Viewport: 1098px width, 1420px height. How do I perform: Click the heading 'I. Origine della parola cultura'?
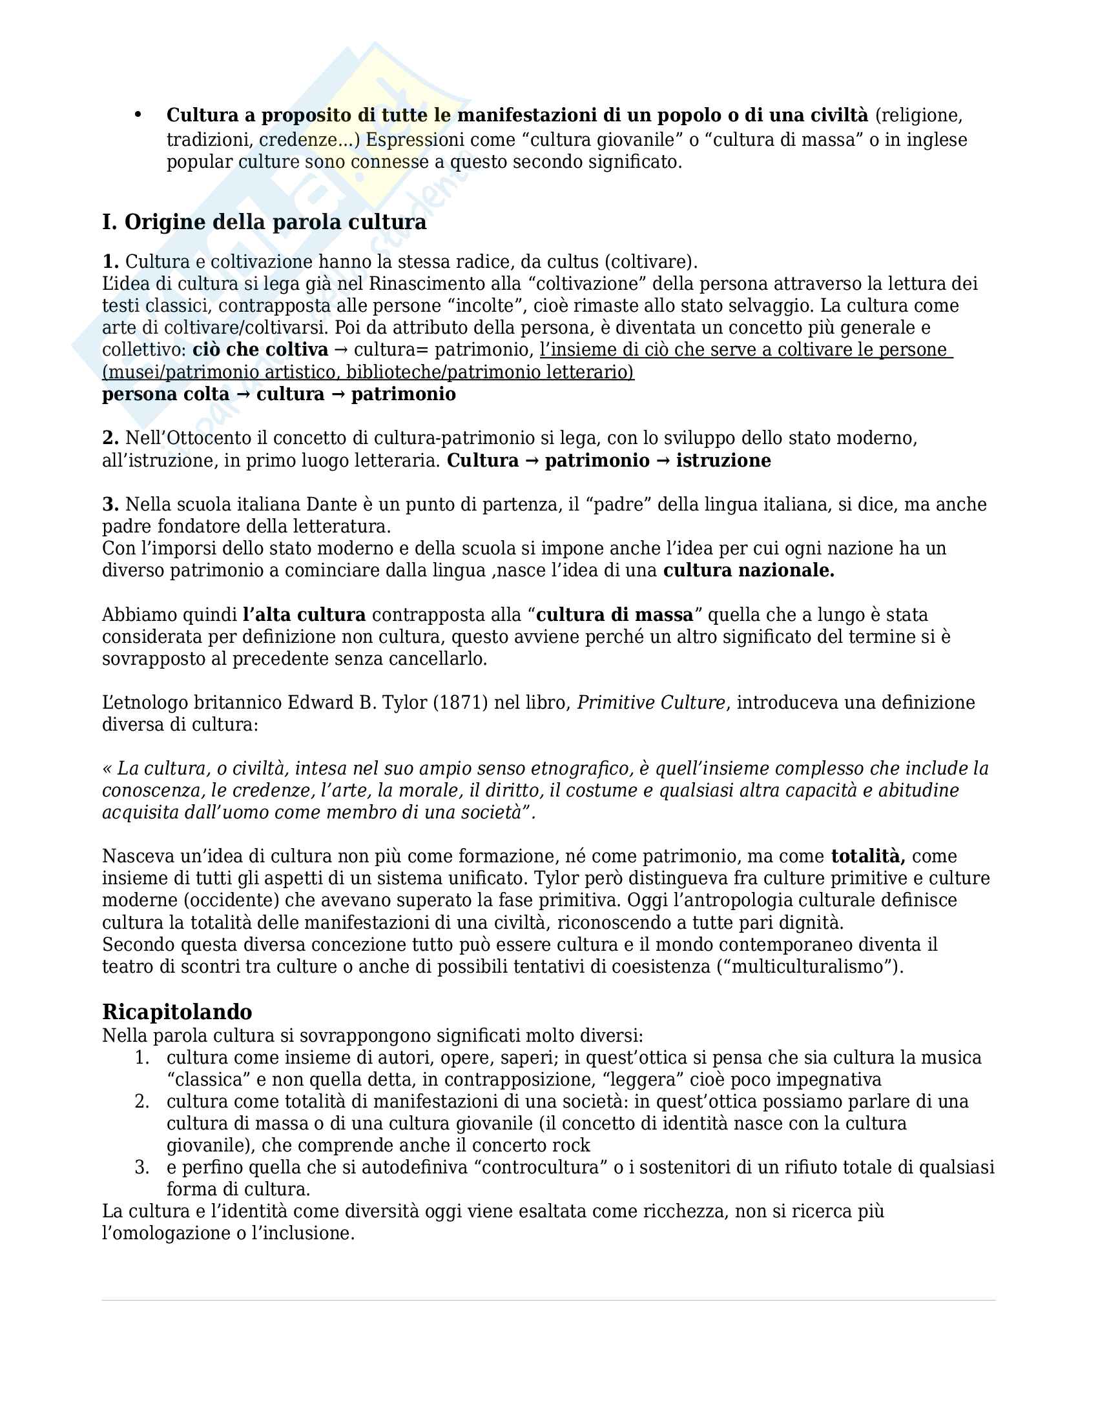[264, 223]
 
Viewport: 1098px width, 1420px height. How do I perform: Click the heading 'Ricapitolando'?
[177, 1011]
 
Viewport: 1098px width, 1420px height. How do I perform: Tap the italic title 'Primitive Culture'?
[650, 703]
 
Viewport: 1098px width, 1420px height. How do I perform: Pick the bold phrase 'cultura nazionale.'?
[749, 571]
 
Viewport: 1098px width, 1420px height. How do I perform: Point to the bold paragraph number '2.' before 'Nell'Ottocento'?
[110, 438]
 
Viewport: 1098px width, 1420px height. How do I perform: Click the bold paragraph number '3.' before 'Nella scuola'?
[110, 505]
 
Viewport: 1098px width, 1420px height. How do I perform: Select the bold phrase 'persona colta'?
[166, 394]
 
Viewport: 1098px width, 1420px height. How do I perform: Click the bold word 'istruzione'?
[723, 461]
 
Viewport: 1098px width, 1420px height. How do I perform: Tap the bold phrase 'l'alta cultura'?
[304, 615]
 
